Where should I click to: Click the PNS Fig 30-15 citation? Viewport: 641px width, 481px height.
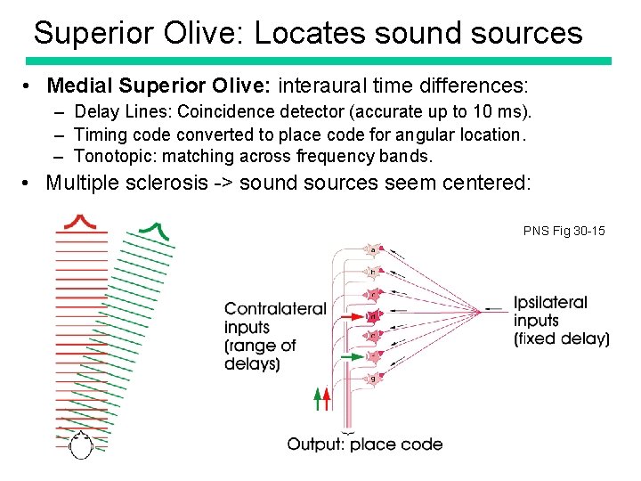point(564,232)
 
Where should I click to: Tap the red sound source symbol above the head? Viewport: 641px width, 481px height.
point(81,219)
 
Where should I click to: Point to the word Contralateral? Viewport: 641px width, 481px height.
point(274,309)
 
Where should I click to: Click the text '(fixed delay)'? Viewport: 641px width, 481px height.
point(561,338)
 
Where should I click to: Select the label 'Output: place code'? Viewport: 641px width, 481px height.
point(364,444)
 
